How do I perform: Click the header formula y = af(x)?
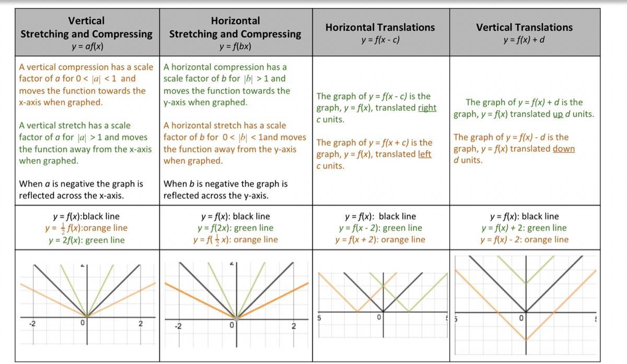[87, 46]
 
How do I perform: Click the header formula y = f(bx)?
[235, 46]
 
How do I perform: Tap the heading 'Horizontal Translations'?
[380, 27]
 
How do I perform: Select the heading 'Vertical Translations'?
[524, 27]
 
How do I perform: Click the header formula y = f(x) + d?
[524, 40]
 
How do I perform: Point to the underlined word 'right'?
[427, 108]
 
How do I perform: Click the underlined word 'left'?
[424, 154]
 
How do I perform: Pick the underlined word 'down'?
[563, 148]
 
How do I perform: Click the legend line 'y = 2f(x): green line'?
[87, 240]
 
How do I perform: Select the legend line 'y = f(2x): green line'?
[235, 228]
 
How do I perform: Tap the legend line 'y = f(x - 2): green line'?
[380, 228]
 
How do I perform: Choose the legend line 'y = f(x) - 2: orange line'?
[524, 240]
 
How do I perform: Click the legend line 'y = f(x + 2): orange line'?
[380, 240]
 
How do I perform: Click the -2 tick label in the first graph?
[32, 324]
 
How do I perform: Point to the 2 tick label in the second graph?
[293, 326]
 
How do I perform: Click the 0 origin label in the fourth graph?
[521, 318]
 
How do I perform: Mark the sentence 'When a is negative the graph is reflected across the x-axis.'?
[81, 190]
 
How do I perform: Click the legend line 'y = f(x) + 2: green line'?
[524, 228]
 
